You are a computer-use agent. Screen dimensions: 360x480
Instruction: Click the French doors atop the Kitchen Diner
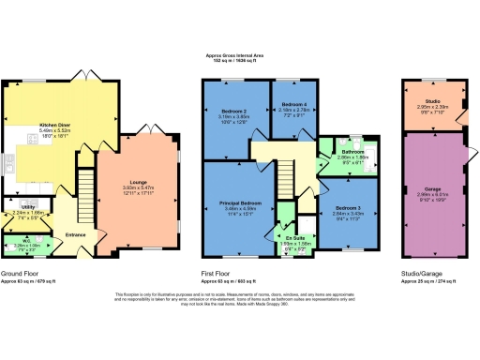pos(81,76)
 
